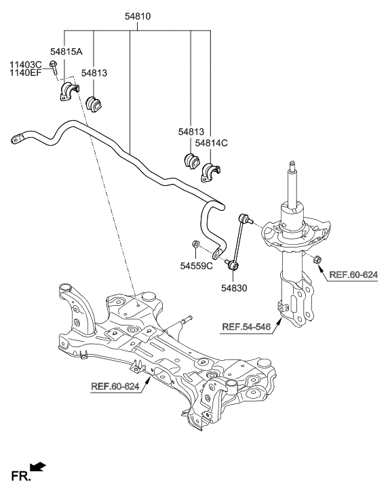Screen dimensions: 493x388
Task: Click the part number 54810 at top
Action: (138, 14)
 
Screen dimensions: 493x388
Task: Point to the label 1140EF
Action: (26, 74)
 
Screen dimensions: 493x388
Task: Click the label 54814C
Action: (212, 143)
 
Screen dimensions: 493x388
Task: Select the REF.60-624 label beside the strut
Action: (353, 275)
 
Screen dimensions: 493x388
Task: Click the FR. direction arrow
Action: (39, 467)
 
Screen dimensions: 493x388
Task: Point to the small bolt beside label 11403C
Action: (53, 66)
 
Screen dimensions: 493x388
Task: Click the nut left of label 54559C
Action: (193, 245)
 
